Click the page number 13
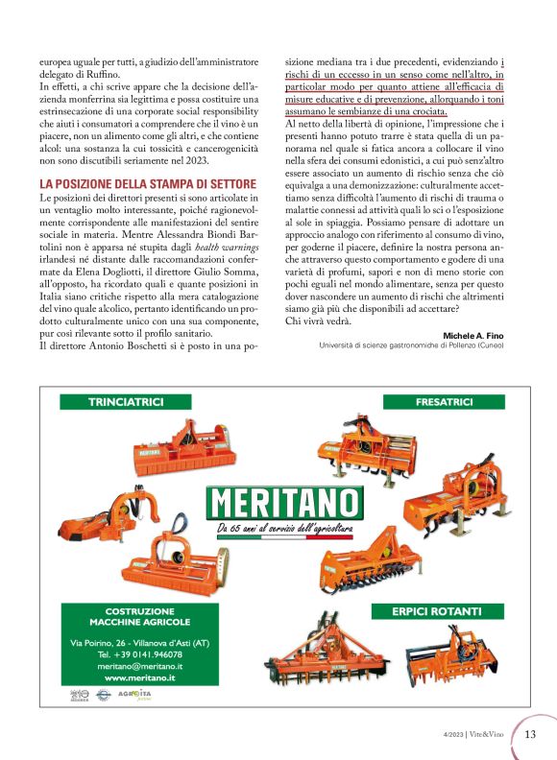(530, 735)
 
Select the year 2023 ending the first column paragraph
(222, 159)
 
